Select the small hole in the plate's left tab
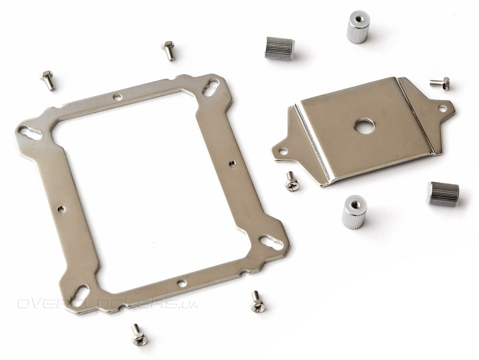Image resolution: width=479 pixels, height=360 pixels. pyautogui.click(x=284, y=151)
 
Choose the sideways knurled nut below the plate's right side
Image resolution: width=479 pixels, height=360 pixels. pyautogui.click(x=442, y=193)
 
